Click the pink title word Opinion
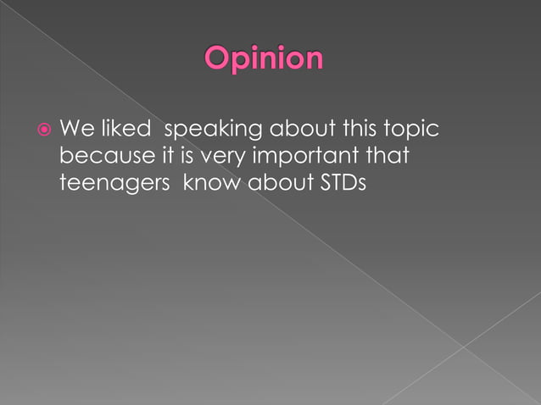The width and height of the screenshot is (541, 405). pos(264,60)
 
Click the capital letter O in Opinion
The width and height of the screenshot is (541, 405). pos(218,59)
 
